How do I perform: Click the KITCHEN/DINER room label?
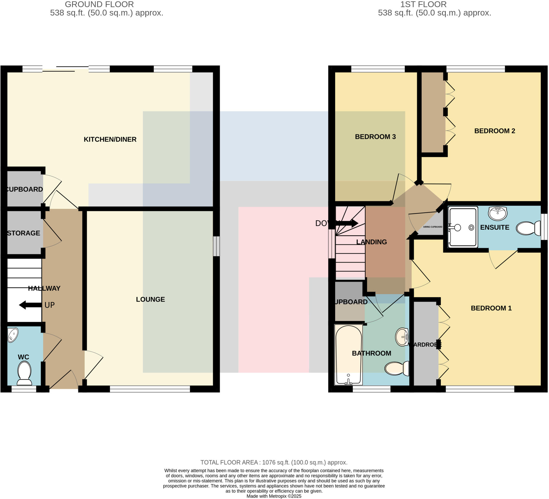tap(110, 139)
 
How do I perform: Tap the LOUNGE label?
tap(150, 299)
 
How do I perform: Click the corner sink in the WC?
tap(13, 334)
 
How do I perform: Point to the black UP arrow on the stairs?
tap(30, 305)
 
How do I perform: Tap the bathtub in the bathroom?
tap(348, 355)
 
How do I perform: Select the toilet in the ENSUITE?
tap(528, 228)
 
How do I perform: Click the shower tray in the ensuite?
tap(463, 227)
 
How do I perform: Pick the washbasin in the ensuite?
tap(498, 213)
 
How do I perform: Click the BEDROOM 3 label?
tap(375, 137)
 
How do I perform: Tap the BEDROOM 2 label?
tap(495, 131)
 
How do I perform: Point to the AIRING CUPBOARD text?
tap(432, 227)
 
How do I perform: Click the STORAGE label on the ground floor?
tap(24, 233)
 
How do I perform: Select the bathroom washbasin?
tap(402, 337)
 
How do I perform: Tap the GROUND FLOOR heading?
tap(99, 4)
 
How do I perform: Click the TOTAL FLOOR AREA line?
tap(274, 462)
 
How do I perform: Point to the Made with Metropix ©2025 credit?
tap(274, 496)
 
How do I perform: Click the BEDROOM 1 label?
tap(491, 308)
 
